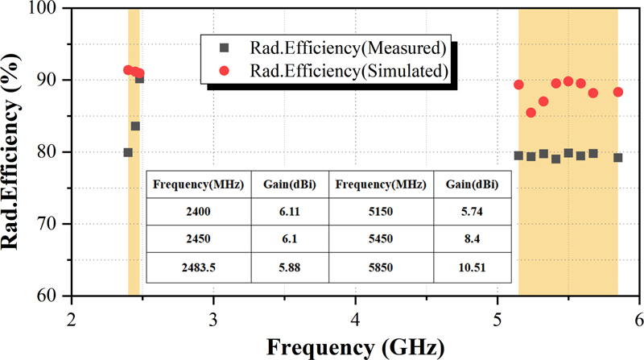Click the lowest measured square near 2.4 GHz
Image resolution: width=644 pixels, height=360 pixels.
(128, 152)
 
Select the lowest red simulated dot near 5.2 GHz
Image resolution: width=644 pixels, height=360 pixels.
(530, 113)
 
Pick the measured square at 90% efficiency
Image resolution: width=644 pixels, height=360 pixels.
(139, 79)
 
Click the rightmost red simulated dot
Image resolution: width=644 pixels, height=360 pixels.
(617, 92)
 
